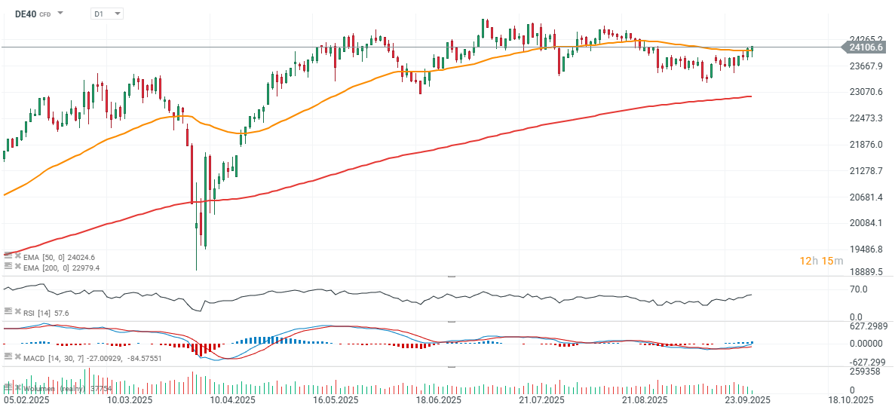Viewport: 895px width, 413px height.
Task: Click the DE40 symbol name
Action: [x=26, y=14]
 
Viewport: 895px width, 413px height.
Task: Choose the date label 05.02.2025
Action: [x=26, y=400]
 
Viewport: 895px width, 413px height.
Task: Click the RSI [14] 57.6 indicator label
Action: [x=45, y=312]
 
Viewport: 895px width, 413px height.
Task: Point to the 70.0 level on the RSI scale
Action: [x=858, y=289]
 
